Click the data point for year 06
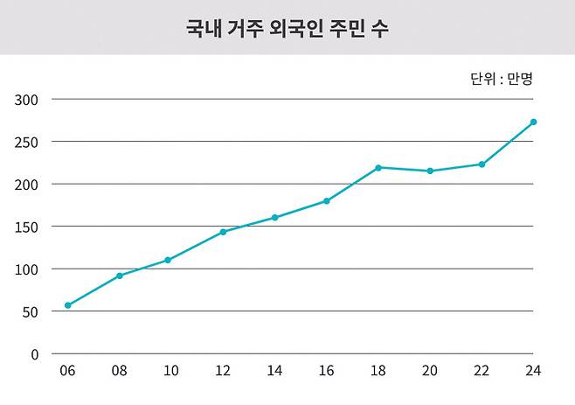pos(67,305)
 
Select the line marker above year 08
pos(120,276)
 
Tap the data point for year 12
pos(223,232)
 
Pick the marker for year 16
pos(327,201)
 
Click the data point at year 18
pos(378,167)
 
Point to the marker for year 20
pos(430,171)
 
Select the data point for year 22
pos(481,164)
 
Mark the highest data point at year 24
pos(533,122)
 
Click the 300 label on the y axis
pos(27,99)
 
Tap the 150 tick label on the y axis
pos(27,227)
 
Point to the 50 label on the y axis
pos(31,311)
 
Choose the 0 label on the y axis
pos(34,354)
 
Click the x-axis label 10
pos(171,371)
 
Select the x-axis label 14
pos(274,371)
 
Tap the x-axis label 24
pos(533,371)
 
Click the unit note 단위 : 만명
pos(501,78)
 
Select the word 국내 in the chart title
pos(202,29)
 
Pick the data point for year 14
pos(274,217)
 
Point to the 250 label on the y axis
pos(27,142)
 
